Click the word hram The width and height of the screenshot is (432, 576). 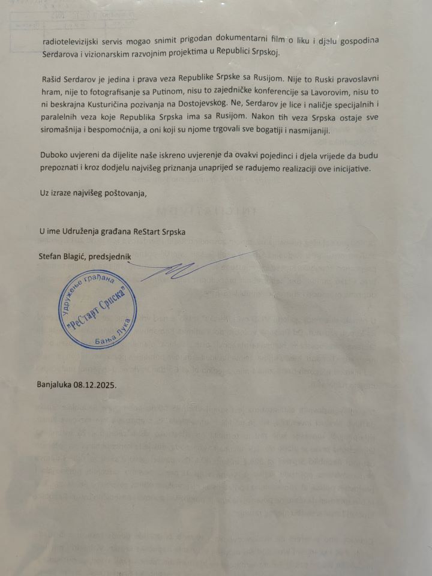pyautogui.click(x=50, y=92)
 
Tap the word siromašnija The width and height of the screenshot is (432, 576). pyautogui.click(x=64, y=131)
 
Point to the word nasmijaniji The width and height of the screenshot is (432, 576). pyautogui.click(x=350, y=131)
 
